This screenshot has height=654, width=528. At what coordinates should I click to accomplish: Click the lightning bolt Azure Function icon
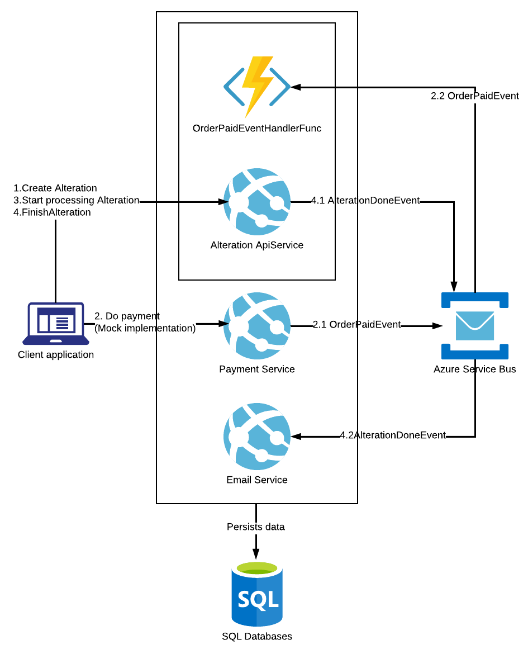tap(257, 87)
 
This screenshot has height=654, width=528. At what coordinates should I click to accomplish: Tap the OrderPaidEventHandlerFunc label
tap(257, 129)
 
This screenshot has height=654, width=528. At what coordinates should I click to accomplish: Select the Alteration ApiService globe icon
tap(257, 201)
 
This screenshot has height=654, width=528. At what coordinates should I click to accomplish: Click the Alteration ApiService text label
tap(257, 245)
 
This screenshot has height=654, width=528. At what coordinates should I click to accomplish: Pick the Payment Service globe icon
tap(257, 325)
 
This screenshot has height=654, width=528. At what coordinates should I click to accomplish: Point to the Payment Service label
tap(257, 369)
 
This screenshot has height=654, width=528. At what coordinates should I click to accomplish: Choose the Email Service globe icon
tap(257, 436)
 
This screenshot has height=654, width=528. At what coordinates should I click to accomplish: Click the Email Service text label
tap(257, 480)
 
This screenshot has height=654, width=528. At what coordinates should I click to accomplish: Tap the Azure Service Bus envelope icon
tap(475, 325)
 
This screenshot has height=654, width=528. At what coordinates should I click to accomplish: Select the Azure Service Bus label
tap(475, 369)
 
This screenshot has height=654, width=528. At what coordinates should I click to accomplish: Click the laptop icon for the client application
tap(56, 324)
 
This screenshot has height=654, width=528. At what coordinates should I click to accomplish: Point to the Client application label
tap(56, 354)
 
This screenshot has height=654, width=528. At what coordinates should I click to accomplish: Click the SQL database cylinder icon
tap(257, 594)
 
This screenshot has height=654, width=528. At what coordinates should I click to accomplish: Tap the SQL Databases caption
tap(257, 636)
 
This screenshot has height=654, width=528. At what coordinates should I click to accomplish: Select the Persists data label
tap(256, 527)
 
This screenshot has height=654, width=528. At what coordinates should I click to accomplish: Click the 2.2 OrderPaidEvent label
tap(475, 96)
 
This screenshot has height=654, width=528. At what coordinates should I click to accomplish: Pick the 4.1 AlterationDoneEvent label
tap(365, 200)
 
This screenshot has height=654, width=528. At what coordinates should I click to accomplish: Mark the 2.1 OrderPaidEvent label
tap(356, 324)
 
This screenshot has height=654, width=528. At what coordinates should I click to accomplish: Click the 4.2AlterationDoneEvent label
tap(393, 435)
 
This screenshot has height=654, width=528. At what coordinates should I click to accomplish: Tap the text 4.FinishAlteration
tap(52, 212)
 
